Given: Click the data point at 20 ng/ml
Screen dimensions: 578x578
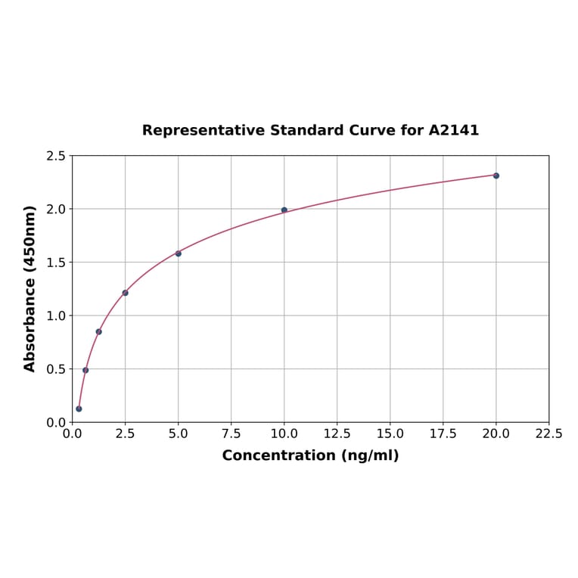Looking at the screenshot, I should tap(496, 176).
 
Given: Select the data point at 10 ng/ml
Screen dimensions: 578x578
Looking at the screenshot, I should tap(284, 210).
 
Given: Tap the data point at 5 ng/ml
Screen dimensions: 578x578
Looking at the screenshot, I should tap(179, 253).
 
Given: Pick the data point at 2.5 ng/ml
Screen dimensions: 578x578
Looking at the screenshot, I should tap(125, 293).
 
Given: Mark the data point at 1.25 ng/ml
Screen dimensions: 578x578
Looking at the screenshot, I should tap(98, 331).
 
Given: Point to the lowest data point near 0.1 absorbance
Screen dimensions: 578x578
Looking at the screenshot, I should tap(79, 409).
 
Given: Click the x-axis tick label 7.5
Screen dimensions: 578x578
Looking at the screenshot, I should tap(231, 434).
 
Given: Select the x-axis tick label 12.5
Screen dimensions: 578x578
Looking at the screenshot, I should tap(337, 434).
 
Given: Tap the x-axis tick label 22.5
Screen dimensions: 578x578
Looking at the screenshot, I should tap(548, 434).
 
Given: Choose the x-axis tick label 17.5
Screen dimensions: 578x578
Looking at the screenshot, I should tap(443, 434).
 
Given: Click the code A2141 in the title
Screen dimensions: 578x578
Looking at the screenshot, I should tap(453, 130).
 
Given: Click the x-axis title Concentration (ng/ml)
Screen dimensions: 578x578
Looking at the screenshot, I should tap(310, 455).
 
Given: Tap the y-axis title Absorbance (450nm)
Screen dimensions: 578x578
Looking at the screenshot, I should tap(30, 288).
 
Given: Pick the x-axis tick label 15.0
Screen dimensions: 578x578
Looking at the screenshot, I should tap(390, 434).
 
